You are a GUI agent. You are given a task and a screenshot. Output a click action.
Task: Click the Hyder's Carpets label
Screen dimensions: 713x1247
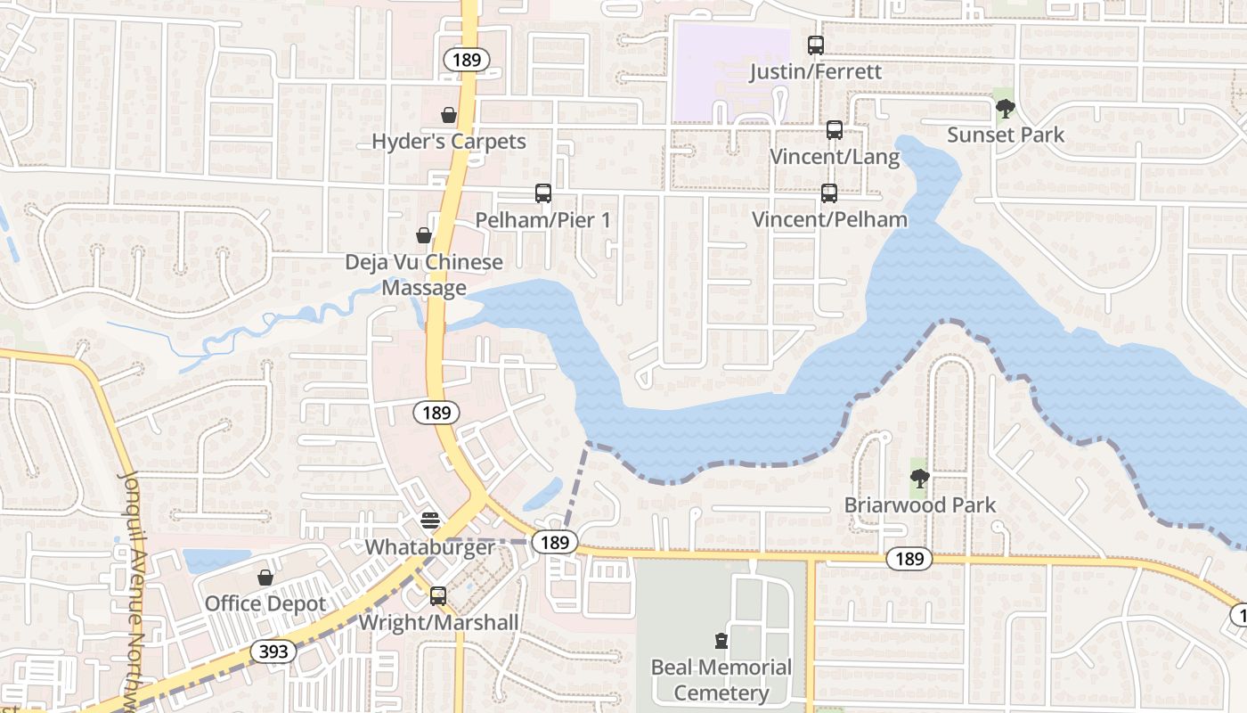(449, 142)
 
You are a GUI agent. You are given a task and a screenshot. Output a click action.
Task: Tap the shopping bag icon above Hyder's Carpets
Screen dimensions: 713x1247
(449, 115)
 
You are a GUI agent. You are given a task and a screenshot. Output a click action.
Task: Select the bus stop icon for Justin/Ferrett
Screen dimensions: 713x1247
(815, 45)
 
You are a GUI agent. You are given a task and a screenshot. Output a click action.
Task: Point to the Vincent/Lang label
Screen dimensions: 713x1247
(835, 157)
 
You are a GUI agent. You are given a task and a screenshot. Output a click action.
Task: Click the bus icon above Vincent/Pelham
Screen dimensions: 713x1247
(829, 193)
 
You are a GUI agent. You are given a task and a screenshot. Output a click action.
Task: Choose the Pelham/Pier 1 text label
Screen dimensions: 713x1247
(542, 219)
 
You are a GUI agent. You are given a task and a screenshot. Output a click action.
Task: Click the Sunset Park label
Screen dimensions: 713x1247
(1006, 135)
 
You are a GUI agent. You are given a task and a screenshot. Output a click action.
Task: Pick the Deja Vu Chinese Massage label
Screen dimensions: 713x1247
(424, 275)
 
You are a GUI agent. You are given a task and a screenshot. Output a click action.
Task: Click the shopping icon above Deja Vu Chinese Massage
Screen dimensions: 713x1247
(424, 235)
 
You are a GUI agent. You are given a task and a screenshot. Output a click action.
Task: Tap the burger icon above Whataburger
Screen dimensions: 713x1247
(430, 520)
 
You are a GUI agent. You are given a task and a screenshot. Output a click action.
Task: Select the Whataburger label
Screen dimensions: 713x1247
(430, 546)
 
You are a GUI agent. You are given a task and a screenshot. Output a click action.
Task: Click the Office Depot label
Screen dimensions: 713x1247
(265, 603)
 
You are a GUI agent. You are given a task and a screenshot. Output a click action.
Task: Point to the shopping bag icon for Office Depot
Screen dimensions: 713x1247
(265, 578)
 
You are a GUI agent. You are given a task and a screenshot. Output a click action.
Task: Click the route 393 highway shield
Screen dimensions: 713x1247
(273, 652)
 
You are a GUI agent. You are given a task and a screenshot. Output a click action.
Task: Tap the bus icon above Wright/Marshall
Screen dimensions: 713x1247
(438, 596)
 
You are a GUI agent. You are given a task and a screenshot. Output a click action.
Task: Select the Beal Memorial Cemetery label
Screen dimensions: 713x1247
(721, 679)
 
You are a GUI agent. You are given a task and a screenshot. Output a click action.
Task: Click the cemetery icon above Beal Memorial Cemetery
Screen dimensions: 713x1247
(721, 640)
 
